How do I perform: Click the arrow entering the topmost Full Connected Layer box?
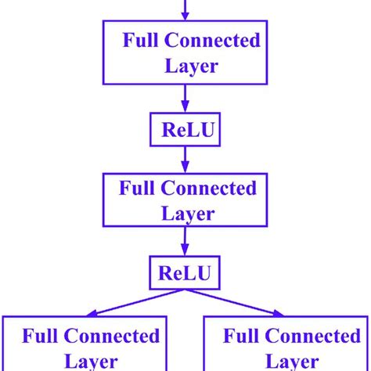pyautogui.click(x=185, y=9)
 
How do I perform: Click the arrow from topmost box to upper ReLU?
pyautogui.click(x=185, y=99)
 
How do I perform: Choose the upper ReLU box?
pyautogui.click(x=185, y=131)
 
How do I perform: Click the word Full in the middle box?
pyautogui.click(x=136, y=189)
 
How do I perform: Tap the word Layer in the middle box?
pyautogui.click(x=185, y=212)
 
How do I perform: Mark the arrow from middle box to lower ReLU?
pyautogui.click(x=185, y=245)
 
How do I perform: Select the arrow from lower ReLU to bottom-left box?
pyautogui.click(x=125, y=302)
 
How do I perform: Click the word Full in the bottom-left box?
pyautogui.click(x=40, y=337)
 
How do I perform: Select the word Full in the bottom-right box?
pyautogui.click(x=240, y=337)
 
